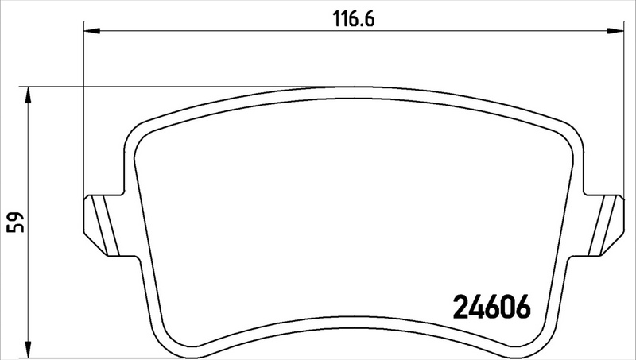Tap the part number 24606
pos(491,306)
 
